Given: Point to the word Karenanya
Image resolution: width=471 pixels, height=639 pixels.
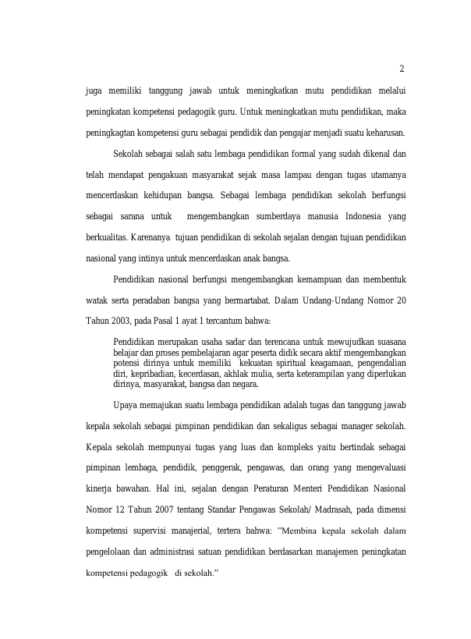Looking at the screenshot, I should click(151, 236).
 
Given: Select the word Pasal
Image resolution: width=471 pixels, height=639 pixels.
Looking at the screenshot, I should click(164, 321).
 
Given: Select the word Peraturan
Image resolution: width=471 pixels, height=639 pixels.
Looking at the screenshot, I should click(275, 489).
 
